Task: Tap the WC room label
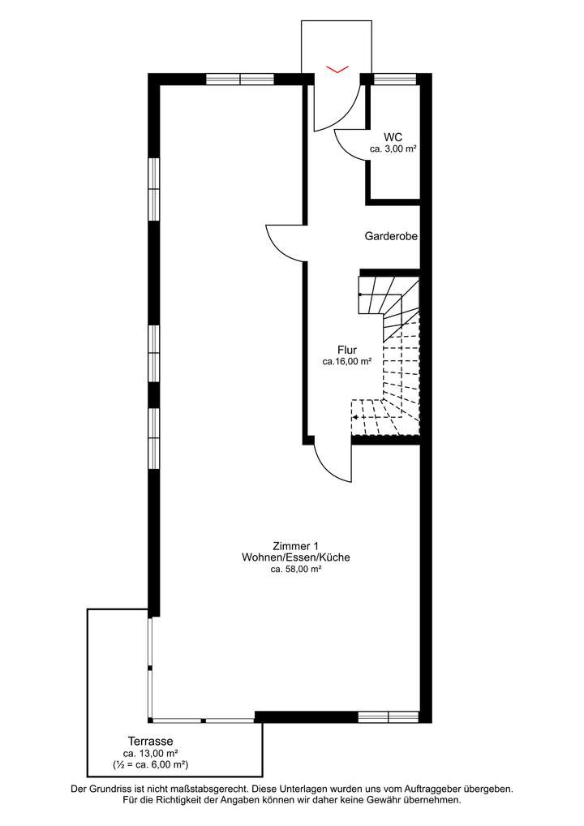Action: point(393,137)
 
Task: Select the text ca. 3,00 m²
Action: point(393,149)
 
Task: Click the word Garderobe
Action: point(390,237)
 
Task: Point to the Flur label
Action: point(347,350)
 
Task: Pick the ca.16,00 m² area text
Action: point(346,362)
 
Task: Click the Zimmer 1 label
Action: point(295,545)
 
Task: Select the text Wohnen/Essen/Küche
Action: point(295,557)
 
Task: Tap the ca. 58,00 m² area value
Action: point(295,570)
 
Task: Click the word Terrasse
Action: point(150,741)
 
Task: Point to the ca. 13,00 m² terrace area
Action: point(150,753)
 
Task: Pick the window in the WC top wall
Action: point(394,79)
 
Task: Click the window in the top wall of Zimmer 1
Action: point(239,79)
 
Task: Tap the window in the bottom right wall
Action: point(388,716)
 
